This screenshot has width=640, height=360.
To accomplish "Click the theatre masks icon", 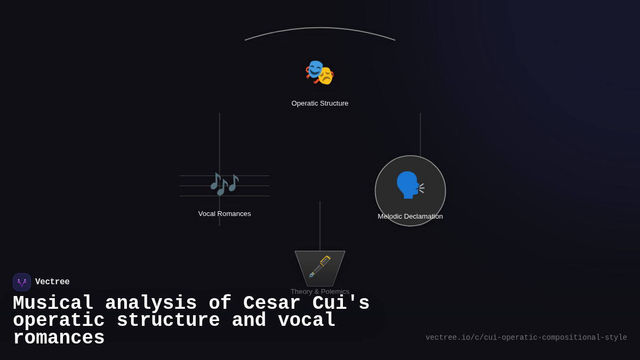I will [319, 73].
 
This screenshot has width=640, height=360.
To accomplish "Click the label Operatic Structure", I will [320, 103].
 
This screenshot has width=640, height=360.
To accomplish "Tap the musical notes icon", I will [224, 184].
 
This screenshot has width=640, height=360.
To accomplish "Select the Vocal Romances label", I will [225, 214].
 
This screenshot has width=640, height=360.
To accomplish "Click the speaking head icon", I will [410, 185].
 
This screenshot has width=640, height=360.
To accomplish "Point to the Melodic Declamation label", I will [410, 217].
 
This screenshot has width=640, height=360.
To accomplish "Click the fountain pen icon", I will [320, 267].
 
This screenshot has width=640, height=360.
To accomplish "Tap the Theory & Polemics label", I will [320, 292].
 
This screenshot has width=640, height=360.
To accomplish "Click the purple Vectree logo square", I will [22, 282].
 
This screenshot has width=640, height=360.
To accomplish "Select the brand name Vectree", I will [52, 282].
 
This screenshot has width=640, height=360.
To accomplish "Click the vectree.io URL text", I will [526, 338].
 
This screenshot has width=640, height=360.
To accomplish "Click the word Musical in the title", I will [53, 303].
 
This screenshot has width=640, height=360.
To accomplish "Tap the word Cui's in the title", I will [341, 303].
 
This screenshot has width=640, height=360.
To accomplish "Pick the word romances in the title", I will [59, 338].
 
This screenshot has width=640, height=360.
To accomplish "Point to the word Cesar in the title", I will [272, 303].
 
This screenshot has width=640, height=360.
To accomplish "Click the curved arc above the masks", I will [320, 28].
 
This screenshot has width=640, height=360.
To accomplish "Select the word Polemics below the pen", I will [335, 292].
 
